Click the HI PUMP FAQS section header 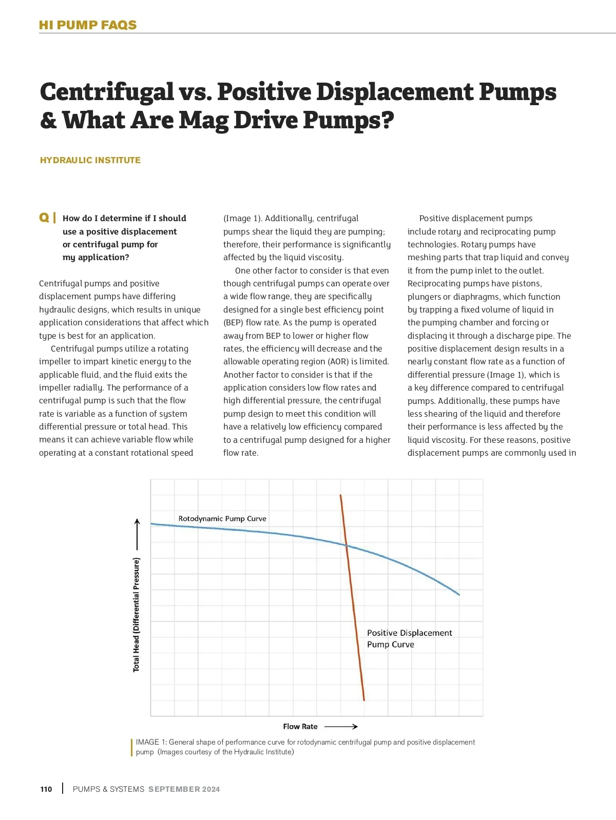(88, 25)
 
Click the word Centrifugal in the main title (107, 92)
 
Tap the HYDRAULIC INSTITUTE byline (90, 160)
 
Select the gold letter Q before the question (44, 218)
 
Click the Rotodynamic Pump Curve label (222, 519)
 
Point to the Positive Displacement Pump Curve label (409, 639)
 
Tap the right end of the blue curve (459, 595)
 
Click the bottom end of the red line (364, 700)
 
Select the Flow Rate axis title (300, 727)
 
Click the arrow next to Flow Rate (341, 727)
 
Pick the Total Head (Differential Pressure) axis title (136, 615)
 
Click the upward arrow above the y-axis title (137, 534)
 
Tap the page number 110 (46, 789)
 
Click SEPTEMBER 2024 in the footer (184, 789)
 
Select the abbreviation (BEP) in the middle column (233, 323)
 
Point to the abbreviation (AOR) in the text (337, 362)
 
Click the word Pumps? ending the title (349, 121)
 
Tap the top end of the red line (340, 495)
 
